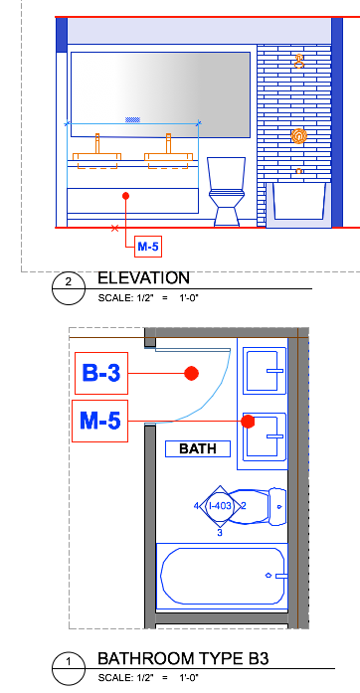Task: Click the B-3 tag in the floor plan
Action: click(x=101, y=373)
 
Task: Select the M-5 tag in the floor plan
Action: click(x=100, y=421)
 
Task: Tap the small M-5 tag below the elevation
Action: click(x=148, y=247)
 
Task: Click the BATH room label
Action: click(x=198, y=448)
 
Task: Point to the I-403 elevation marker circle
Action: click(x=220, y=506)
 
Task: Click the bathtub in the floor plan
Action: click(x=223, y=577)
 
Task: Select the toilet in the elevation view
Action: click(x=226, y=191)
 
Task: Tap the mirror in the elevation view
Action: click(x=160, y=94)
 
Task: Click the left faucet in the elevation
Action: click(x=97, y=143)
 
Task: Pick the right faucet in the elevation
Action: click(x=168, y=143)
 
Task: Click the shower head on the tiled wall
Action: click(x=299, y=62)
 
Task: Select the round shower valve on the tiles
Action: click(x=299, y=136)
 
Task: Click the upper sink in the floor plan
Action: click(x=265, y=371)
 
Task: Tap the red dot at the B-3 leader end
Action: click(x=192, y=374)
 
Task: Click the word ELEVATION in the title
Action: click(x=143, y=278)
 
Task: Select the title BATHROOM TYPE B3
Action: click(x=183, y=658)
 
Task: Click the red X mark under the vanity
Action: click(x=115, y=228)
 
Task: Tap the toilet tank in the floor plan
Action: click(x=277, y=507)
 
